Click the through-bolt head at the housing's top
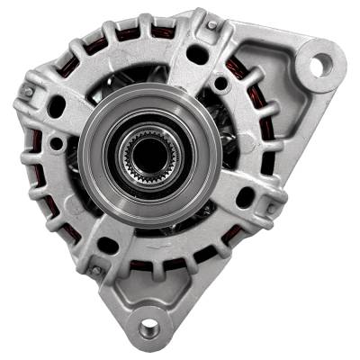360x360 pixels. (212, 26)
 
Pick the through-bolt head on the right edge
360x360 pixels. (273, 209)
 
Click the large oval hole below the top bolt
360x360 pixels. (197, 54)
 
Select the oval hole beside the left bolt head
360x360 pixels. (56, 106)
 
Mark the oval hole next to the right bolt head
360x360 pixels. (245, 196)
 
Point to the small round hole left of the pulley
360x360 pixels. (57, 144)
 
